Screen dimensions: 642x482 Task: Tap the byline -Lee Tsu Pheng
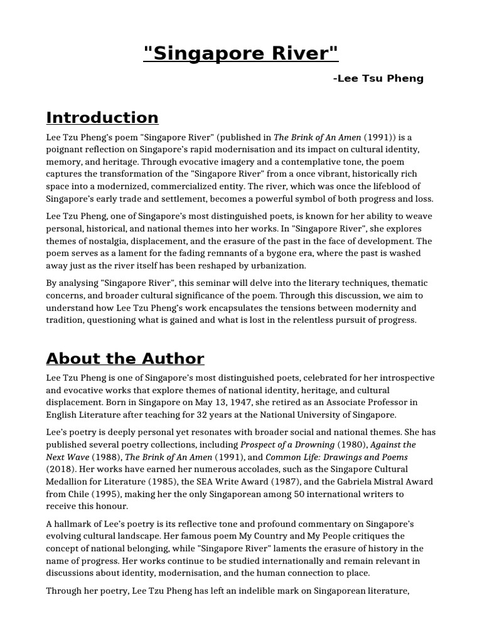378,78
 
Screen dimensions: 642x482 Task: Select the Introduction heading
102,117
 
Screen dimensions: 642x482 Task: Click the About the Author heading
125,359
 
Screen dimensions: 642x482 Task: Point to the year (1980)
349,445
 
